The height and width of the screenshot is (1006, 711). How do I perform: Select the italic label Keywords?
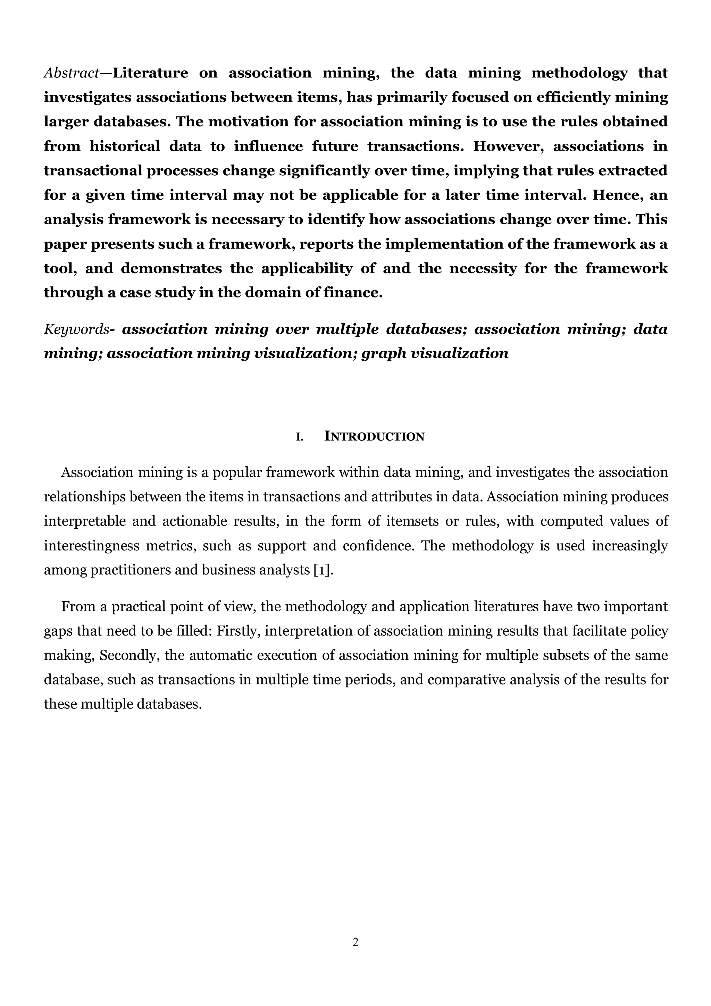point(76,329)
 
